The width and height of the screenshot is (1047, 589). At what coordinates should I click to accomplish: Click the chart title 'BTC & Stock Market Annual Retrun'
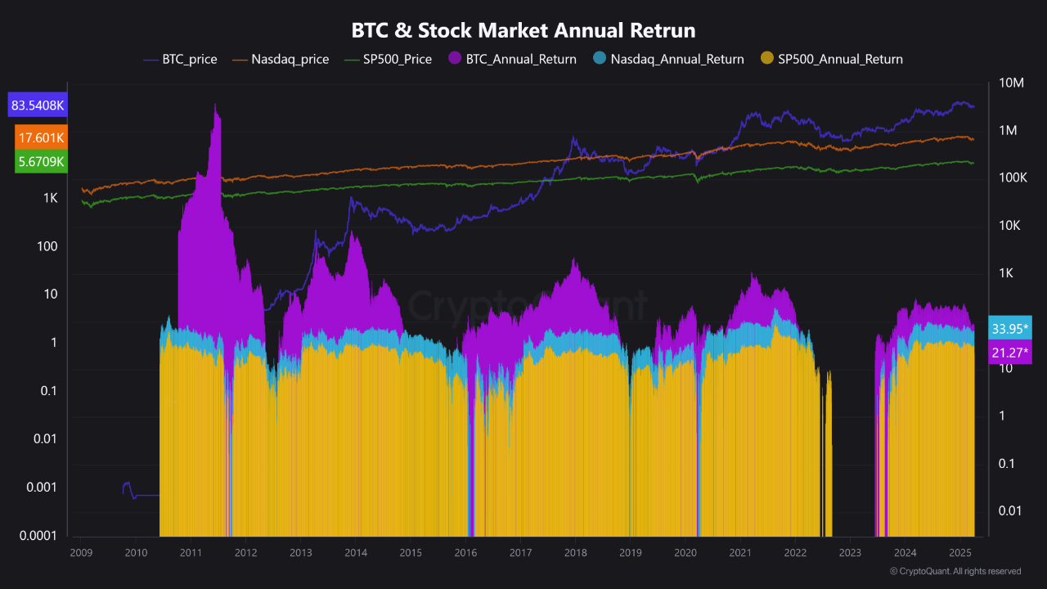[x=523, y=31]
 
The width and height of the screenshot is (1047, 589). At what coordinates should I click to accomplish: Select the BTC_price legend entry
[x=181, y=59]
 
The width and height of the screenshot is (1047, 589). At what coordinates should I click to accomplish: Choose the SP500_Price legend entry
[x=388, y=59]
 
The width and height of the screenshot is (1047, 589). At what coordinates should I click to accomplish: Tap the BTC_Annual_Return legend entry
[x=512, y=59]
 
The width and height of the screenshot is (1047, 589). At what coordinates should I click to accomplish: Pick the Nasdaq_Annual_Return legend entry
[x=668, y=59]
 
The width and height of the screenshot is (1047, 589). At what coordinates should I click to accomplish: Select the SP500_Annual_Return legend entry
[x=832, y=59]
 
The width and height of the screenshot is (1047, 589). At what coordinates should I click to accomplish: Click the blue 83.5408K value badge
[x=38, y=106]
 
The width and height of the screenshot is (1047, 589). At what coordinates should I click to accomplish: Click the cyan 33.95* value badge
[x=1010, y=329]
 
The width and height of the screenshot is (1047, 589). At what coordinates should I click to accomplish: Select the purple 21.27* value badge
[x=1010, y=353]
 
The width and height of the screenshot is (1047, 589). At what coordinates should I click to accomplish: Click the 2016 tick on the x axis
[x=465, y=553]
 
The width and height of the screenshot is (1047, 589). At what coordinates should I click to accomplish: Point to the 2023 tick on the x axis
[x=850, y=553]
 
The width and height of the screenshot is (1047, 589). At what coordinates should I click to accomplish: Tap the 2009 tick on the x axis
[x=81, y=553]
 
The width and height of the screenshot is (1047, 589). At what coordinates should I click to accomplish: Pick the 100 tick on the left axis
[x=47, y=246]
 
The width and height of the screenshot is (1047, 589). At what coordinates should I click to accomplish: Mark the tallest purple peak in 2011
[x=216, y=106]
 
